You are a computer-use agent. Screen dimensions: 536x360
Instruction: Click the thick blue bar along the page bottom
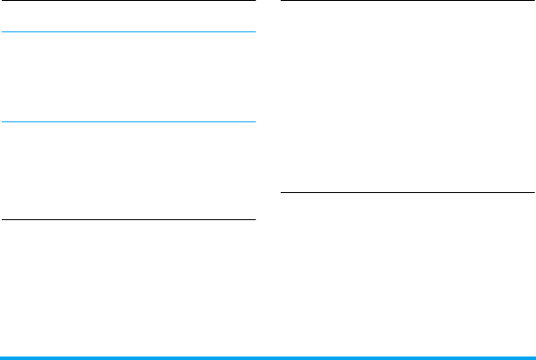[x=268, y=357]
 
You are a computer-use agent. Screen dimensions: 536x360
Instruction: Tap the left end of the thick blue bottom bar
[x=2, y=357]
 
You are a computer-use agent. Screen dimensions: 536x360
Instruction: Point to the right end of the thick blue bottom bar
[x=533, y=357]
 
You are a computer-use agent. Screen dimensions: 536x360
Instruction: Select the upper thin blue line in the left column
[x=128, y=33]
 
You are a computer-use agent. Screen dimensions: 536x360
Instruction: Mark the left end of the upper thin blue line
[x=2, y=33]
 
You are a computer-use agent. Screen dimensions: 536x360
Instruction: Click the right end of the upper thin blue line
[x=254, y=33]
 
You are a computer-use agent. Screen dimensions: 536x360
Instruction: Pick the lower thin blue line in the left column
[x=128, y=121]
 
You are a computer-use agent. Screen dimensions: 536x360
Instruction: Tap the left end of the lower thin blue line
[x=2, y=121]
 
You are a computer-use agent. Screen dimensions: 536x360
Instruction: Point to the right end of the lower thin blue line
[x=254, y=121]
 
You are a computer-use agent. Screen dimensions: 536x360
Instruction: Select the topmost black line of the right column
[x=407, y=1]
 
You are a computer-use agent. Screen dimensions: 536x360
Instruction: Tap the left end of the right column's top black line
[x=282, y=1]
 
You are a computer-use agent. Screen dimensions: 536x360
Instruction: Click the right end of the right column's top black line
[x=533, y=1]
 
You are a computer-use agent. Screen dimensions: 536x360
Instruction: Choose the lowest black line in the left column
[x=128, y=219]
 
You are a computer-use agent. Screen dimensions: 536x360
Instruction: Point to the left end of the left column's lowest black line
[x=2, y=219]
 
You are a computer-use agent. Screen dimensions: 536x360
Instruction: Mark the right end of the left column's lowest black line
[x=254, y=219]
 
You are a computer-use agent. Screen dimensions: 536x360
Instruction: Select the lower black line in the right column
[x=407, y=192]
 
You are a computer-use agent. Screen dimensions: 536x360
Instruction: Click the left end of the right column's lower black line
[x=282, y=192]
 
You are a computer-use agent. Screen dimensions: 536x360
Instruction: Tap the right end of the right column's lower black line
[x=533, y=192]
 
